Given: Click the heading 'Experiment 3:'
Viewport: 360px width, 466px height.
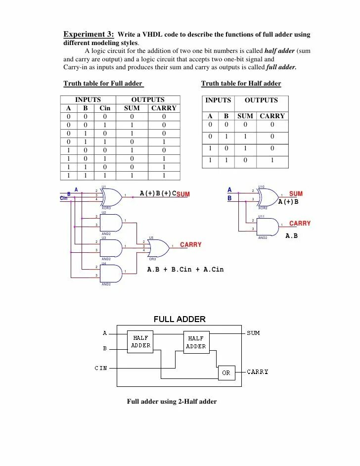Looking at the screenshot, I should pyautogui.click(x=89, y=34).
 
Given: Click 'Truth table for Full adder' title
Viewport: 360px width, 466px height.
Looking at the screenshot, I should pyautogui.click(x=103, y=84).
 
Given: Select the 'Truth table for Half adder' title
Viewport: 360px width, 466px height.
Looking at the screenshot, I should pyautogui.click(x=241, y=84).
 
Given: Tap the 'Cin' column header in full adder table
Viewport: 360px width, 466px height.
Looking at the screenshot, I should pyautogui.click(x=105, y=108).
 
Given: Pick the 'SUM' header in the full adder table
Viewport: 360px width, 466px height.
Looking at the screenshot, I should pyautogui.click(x=132, y=108).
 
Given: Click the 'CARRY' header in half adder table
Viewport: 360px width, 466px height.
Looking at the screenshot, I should pyautogui.click(x=272, y=116).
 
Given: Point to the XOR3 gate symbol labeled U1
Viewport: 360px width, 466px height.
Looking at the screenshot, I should pyautogui.click(x=111, y=196).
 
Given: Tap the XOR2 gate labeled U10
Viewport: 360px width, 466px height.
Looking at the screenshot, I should pyautogui.click(x=268, y=196).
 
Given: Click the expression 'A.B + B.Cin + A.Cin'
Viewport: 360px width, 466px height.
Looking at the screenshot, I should pyautogui.click(x=185, y=270).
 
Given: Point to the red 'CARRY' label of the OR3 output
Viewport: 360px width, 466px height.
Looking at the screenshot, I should pyautogui.click(x=191, y=245).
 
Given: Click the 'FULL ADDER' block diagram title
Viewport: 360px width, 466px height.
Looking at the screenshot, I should pyautogui.click(x=180, y=319).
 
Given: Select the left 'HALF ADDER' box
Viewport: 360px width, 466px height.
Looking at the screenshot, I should pyautogui.click(x=141, y=342).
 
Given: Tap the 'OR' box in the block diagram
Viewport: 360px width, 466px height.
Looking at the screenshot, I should pyautogui.click(x=226, y=373).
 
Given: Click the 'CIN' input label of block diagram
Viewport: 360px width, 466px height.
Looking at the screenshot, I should pyautogui.click(x=101, y=368).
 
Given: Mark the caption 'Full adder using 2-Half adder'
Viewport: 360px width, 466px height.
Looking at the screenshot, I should pyautogui.click(x=172, y=402).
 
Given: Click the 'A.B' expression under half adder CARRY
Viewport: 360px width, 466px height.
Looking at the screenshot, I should pyautogui.click(x=292, y=236).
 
